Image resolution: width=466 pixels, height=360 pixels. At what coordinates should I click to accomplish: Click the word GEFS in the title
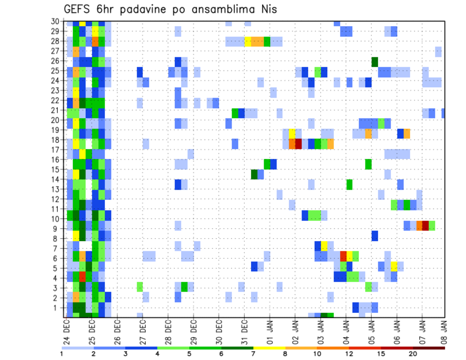pos(77,9)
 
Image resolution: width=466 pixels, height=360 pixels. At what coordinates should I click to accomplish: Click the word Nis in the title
pos(267,9)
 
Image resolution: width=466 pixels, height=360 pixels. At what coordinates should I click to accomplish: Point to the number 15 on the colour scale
pos(381,354)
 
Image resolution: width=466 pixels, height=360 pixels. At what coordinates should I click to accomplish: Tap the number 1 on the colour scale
pos(62,354)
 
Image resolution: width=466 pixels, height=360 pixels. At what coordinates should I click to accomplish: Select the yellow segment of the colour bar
pos(269,347)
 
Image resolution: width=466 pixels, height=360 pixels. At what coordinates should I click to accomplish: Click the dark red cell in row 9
pos(426,226)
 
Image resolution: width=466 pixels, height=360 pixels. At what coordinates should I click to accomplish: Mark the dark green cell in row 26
pos(375,62)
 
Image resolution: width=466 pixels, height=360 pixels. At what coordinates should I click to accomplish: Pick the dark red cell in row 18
pos(299,144)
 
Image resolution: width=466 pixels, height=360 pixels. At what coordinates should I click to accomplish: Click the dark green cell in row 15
pos(254,174)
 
